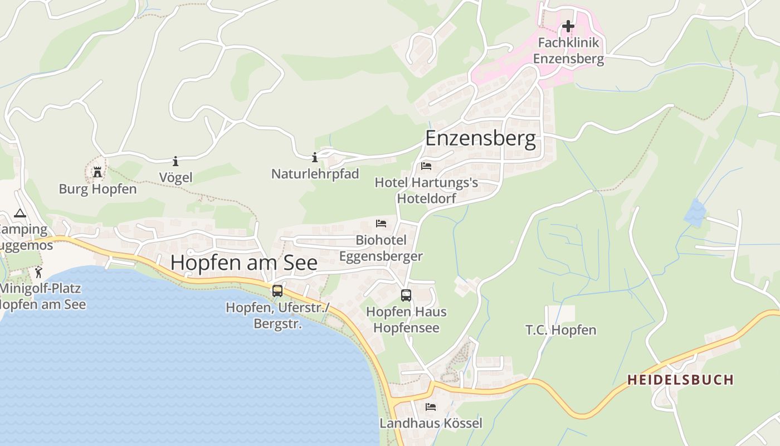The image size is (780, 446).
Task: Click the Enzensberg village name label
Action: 480,138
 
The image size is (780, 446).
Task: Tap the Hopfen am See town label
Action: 243,263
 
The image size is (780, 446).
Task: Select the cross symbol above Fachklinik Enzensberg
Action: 568,26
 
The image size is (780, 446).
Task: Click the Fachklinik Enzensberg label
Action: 568,51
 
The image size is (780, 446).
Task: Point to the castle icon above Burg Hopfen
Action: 97,172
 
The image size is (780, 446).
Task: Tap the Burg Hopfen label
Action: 97,189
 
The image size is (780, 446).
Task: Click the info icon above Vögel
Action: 175,161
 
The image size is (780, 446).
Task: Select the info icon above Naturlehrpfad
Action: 315,157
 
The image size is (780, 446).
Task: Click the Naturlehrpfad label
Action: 315,174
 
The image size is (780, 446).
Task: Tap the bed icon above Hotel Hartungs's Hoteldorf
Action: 426,166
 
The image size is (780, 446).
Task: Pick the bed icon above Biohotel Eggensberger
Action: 381,224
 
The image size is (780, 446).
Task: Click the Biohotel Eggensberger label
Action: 381,248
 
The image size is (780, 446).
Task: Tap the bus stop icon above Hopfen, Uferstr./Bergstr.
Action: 277,290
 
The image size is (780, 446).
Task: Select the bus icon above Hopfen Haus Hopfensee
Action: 406,295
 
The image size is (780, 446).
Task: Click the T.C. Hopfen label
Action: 560,330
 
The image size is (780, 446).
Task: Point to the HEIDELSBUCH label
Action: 680,380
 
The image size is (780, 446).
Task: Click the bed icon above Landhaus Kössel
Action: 431,407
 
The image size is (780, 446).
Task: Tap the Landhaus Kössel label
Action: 431,423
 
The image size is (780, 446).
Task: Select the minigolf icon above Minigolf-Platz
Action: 38,272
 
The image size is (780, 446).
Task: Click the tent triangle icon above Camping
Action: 20,213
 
